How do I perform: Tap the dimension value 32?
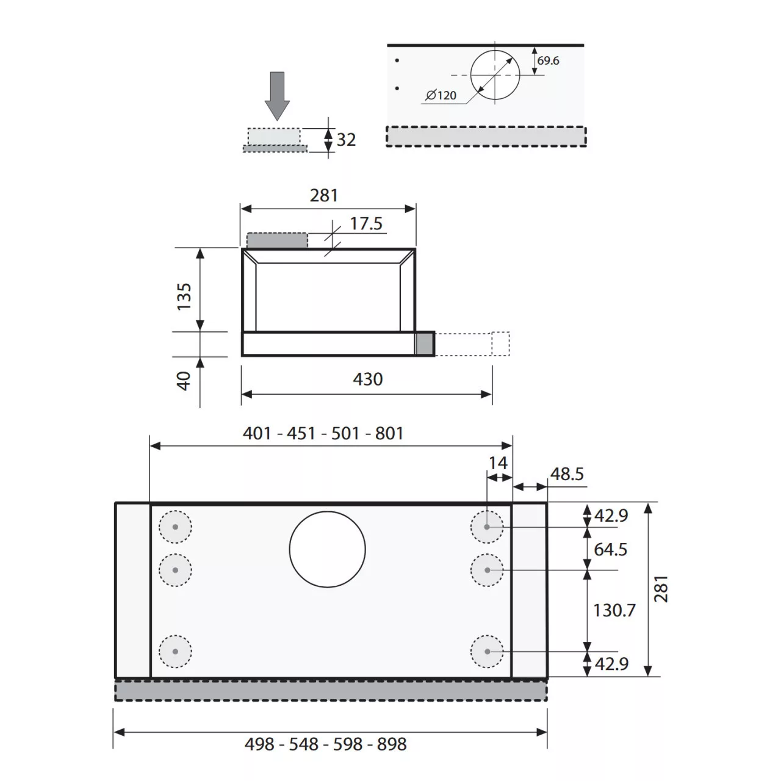point(346,140)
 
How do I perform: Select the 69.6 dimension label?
point(548,61)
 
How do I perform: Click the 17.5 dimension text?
point(366,224)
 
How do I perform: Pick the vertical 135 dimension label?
point(184,296)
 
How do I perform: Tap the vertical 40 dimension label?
point(184,381)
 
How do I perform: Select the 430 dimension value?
point(368,380)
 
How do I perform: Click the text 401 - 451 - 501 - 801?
point(323,433)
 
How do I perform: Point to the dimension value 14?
point(498,463)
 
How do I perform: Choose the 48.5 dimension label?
point(567,474)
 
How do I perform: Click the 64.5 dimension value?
point(610,549)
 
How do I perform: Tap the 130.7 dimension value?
point(614,610)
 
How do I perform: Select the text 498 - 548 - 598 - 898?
point(326,744)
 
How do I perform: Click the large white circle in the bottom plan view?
point(328,549)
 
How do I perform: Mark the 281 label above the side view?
point(323,195)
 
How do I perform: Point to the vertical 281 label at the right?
point(661,589)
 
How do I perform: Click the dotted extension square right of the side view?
point(500,344)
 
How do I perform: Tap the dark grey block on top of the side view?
point(277,240)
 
